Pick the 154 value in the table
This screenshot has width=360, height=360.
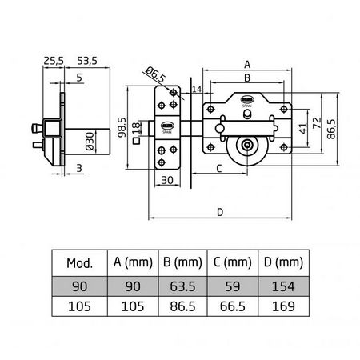click(x=284, y=286)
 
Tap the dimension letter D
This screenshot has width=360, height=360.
click(x=219, y=211)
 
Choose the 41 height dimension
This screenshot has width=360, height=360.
click(x=302, y=127)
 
